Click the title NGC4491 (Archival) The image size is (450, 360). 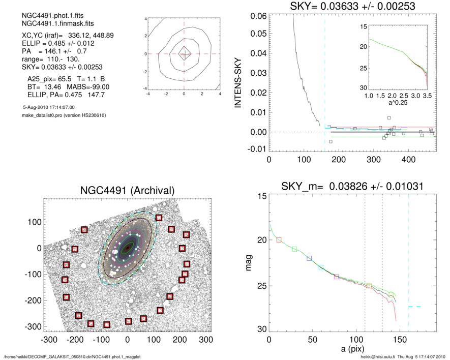[x=127, y=190]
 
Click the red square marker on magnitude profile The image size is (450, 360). [x=279, y=239]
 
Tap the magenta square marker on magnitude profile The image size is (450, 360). [x=336, y=277]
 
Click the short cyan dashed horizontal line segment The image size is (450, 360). [x=414, y=307]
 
